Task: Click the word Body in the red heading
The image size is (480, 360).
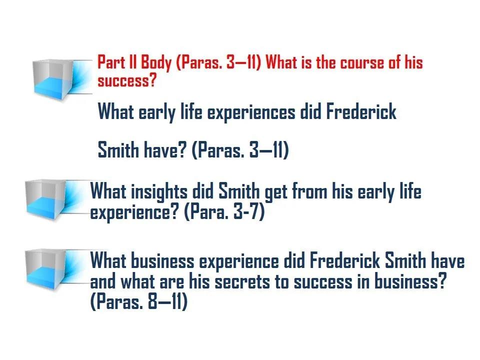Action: click(156, 63)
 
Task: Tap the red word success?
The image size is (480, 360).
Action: click(126, 81)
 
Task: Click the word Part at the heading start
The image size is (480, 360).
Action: click(111, 62)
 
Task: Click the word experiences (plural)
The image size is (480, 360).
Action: click(251, 112)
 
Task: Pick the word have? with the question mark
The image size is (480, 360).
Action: click(165, 150)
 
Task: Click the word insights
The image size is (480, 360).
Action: click(159, 192)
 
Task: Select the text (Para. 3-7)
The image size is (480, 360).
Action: click(224, 212)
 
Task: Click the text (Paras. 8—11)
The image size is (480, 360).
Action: click(138, 301)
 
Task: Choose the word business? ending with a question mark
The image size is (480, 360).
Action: click(411, 281)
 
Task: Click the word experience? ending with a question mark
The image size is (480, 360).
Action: click(134, 212)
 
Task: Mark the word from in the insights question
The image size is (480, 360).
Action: click(309, 191)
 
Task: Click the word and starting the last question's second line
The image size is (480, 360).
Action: click(103, 281)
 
